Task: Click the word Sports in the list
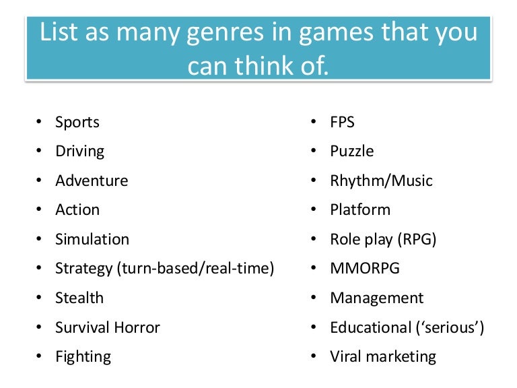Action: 77,123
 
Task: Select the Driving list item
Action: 79,152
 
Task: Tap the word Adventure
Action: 92,181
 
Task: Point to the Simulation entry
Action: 92,239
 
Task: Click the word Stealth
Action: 79,298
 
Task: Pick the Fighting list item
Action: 83,356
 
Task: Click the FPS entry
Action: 342,123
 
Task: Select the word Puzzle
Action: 351,152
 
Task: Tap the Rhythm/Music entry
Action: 381,181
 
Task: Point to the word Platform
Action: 359,210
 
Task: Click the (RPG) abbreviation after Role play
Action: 417,239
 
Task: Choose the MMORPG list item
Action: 364,268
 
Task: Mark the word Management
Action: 376,298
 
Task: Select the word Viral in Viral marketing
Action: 345,356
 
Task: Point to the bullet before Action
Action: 38,210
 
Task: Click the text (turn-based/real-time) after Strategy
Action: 195,269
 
